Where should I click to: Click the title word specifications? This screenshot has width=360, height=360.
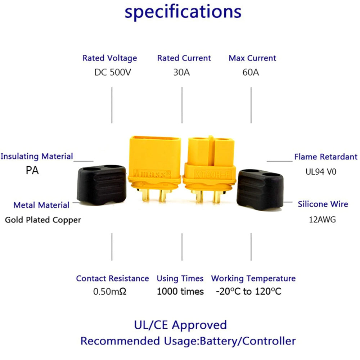pos(183,12)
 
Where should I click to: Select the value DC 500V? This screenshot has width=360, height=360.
pos(113,72)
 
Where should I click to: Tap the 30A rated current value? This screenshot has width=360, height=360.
pos(181,72)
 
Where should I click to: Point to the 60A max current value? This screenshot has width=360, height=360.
pos(251,72)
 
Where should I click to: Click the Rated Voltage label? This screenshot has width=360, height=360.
pos(110,58)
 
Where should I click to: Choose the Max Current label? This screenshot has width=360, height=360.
pos(252,58)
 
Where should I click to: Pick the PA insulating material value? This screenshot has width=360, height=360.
pos(32,170)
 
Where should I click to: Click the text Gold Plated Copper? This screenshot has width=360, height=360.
pos(43,220)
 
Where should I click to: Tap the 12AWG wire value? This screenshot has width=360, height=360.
pos(323,219)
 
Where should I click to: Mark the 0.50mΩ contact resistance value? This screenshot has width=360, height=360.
pos(110,291)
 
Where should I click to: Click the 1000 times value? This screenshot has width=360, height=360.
pos(180,291)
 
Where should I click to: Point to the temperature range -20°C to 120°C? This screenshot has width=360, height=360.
pos(248,291)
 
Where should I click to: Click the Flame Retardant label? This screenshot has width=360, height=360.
pos(326,157)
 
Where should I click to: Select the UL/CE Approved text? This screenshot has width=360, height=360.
pos(180,325)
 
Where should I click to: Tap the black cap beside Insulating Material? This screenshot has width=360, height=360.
pos(102,185)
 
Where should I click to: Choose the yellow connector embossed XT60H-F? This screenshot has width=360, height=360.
pos(210,166)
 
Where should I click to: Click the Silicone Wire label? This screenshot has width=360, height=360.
pos(323,204)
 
